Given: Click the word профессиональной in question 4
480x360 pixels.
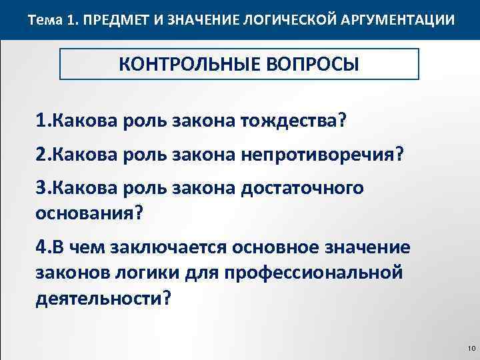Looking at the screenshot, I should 314,273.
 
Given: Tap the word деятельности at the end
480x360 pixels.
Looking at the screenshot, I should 95,298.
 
